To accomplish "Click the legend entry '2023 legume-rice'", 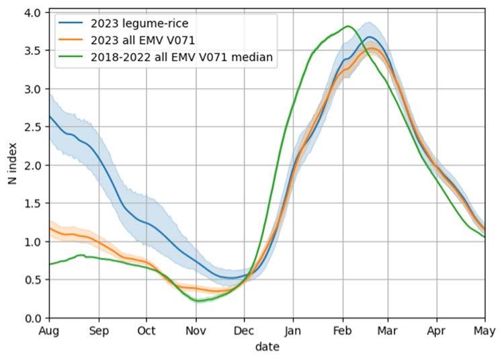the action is (x=140, y=24).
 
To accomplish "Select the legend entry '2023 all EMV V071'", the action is (x=142, y=40).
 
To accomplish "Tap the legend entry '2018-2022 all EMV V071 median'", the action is (x=181, y=57).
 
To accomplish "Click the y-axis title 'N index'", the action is (x=12, y=164).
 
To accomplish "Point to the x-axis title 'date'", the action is (x=267, y=347).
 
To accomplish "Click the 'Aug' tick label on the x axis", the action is (x=49, y=330).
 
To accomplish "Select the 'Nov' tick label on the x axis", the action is (x=196, y=330).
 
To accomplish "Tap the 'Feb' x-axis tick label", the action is (x=343, y=330).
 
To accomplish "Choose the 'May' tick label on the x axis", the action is (x=485, y=330).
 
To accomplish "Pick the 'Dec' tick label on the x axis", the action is (x=244, y=330).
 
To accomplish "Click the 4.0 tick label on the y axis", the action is (x=32, y=13).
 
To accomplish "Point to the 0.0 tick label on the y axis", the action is (x=32, y=318).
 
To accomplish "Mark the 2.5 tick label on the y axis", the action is (x=32, y=127).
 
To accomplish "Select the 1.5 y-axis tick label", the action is (x=32, y=204).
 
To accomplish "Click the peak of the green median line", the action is (x=348, y=26).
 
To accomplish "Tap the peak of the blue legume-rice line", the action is (x=370, y=37).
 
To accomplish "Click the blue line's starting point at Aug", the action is (x=50, y=117).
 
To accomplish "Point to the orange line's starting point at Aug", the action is (x=50, y=228).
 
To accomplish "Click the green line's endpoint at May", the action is (x=485, y=237).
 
